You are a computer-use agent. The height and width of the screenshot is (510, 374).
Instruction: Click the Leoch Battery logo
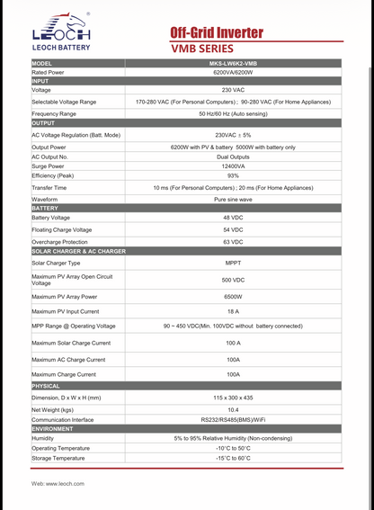pos(61,33)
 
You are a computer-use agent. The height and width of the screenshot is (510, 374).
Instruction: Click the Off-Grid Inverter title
pos(217,32)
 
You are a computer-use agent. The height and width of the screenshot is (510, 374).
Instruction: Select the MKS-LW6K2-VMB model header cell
pos(233,64)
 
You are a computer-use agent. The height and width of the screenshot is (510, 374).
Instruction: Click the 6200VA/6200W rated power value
pos(233,72)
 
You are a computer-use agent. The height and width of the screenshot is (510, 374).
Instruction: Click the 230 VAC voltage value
pos(233,90)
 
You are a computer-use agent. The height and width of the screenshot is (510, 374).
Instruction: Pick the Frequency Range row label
pos(54,114)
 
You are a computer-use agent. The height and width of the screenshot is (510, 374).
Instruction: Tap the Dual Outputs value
pos(233,157)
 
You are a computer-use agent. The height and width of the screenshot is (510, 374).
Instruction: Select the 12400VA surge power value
pos(233,166)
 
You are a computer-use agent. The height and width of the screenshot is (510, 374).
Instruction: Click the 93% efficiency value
pos(233,175)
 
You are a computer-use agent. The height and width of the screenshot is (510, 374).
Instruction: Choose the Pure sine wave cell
pos(233,199)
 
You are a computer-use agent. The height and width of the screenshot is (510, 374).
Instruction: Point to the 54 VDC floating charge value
pos(233,230)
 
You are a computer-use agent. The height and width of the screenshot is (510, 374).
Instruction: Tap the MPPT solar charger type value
pos(233,263)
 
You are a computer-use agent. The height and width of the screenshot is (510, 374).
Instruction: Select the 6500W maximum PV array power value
pos(233,296)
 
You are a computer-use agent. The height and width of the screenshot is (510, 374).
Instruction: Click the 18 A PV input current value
pos(233,310)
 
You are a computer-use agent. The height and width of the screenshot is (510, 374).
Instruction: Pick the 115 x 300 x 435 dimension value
pos(233,397)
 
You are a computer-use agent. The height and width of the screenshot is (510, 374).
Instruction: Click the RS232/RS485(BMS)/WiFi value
pos(233,419)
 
